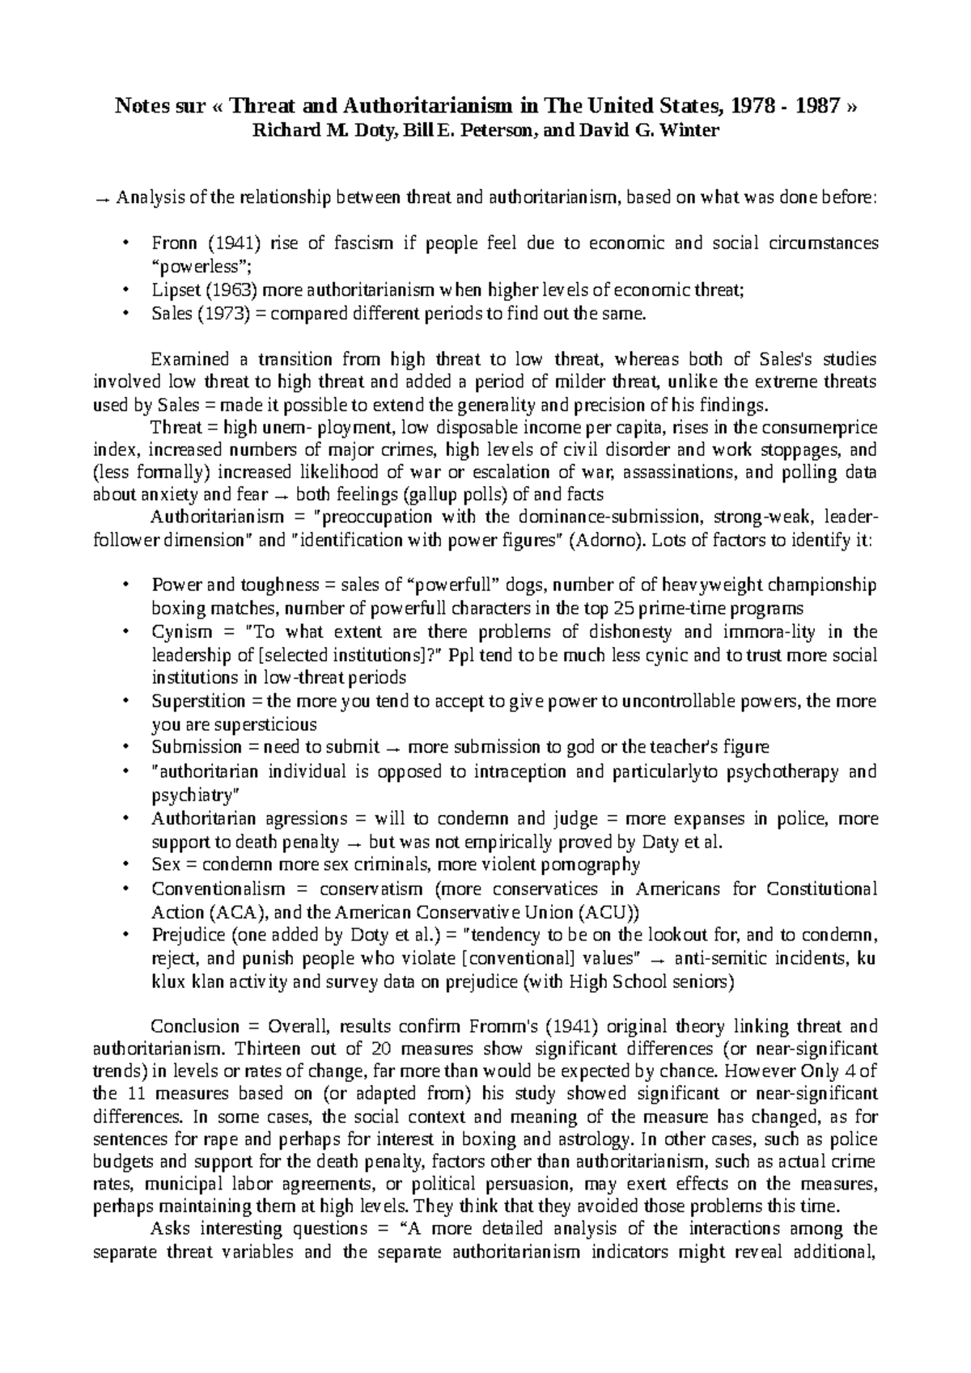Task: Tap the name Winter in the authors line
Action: point(688,129)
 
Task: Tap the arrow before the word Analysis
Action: point(102,198)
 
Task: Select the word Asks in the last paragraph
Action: point(168,1230)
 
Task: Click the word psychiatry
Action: point(190,795)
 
